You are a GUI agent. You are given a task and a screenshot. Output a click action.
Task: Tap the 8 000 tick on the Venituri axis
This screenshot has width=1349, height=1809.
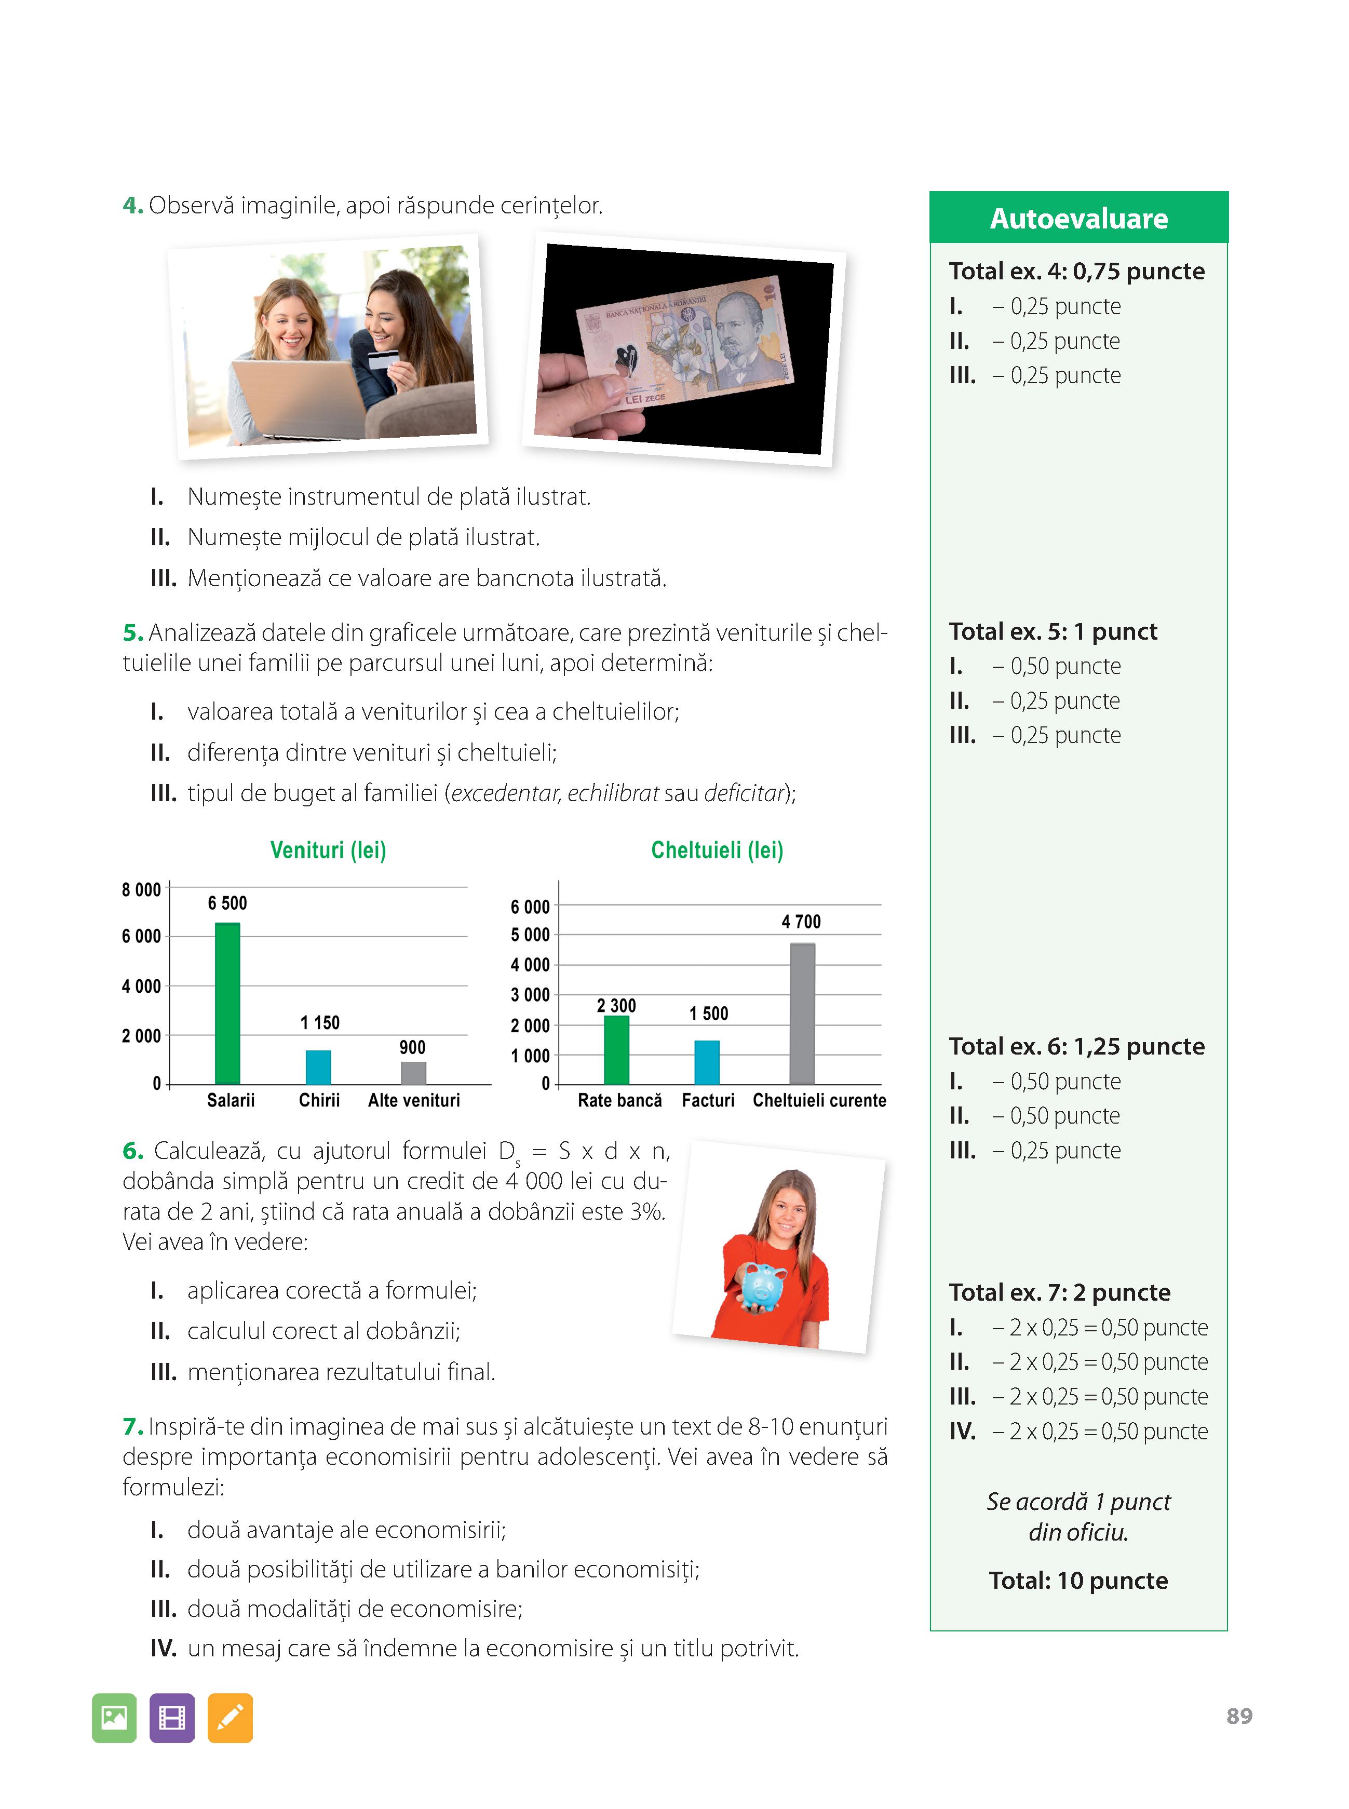click(141, 890)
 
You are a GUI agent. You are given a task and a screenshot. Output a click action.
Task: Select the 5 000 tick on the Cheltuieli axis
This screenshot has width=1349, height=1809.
click(530, 935)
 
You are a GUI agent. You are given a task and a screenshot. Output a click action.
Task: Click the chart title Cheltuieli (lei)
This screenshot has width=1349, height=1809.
click(717, 850)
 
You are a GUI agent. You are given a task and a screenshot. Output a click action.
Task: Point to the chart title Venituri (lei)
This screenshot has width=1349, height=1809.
click(328, 850)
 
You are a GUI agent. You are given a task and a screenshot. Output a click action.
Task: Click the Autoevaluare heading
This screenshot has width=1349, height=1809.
click(1078, 219)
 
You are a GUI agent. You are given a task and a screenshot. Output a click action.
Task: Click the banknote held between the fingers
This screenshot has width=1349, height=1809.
click(686, 343)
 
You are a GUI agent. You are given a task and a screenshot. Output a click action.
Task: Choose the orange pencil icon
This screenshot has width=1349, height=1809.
click(230, 1718)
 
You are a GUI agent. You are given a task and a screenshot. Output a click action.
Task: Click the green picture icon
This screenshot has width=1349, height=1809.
click(114, 1718)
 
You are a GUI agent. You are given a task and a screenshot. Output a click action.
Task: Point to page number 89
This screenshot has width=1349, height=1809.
click(1239, 1716)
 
